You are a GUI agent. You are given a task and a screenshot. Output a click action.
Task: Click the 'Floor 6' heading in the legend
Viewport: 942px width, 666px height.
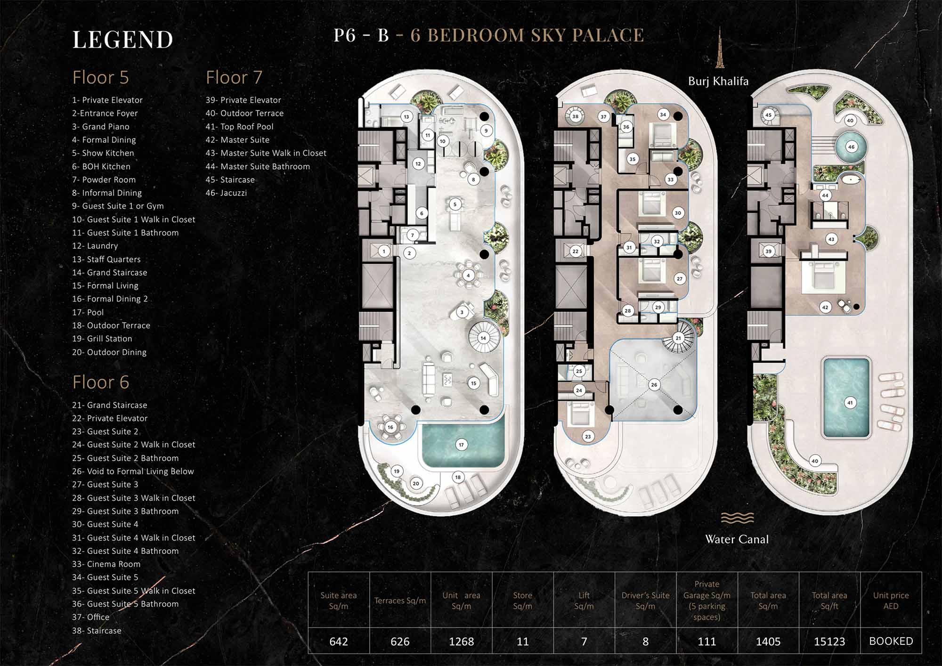[x=101, y=382]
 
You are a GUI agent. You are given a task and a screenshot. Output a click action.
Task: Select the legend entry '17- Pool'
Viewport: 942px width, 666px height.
[x=88, y=312]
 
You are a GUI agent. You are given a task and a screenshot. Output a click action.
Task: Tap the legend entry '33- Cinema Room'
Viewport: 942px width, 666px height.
[x=106, y=564]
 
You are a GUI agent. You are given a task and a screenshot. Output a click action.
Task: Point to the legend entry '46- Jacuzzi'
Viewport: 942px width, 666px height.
[x=226, y=193]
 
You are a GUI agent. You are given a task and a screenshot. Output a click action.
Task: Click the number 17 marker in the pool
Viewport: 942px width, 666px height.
[x=461, y=444]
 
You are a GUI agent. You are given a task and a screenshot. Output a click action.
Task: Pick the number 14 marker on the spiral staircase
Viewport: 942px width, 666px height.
[x=483, y=338]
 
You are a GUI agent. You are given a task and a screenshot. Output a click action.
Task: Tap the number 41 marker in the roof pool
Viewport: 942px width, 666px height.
[x=850, y=403]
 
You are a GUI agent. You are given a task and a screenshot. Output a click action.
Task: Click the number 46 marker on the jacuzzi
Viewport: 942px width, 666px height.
[x=851, y=146]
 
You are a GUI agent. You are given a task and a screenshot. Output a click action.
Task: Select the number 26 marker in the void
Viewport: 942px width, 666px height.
[x=654, y=385]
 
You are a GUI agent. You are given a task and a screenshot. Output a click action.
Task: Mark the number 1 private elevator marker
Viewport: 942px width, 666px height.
[x=384, y=251]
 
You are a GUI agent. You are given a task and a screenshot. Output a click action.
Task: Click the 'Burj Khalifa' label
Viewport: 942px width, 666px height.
[x=718, y=81]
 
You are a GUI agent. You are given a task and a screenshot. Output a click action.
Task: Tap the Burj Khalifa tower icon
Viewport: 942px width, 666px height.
[x=720, y=48]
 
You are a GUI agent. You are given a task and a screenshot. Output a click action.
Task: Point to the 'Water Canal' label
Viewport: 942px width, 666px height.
[x=737, y=539]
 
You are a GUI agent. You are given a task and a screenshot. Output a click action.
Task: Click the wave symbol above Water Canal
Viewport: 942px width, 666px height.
[x=737, y=518]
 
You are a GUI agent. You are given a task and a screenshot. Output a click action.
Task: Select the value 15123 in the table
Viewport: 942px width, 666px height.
[x=829, y=641]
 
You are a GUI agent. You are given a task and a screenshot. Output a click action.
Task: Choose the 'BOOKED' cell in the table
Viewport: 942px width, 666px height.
[x=891, y=641]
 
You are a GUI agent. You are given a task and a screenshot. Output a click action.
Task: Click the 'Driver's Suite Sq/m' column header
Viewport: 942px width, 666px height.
[x=645, y=601]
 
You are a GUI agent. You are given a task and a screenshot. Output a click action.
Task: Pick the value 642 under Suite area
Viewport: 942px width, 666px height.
[x=339, y=641]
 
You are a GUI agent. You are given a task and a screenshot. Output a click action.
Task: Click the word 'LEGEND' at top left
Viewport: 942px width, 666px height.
[x=123, y=39]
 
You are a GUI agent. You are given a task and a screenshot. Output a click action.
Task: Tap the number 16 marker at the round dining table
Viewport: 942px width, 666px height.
[x=390, y=427]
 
